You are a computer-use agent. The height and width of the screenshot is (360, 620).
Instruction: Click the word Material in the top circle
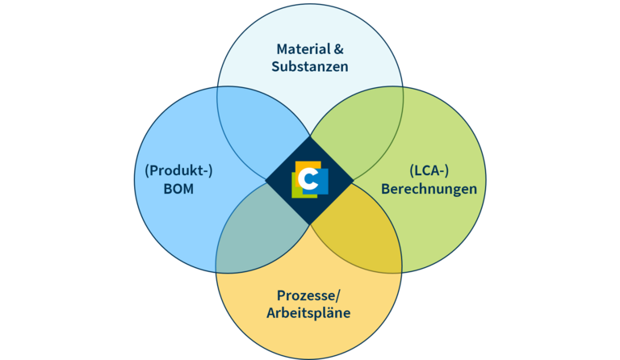[x=304, y=49]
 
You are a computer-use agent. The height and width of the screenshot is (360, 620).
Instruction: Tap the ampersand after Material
[x=339, y=49]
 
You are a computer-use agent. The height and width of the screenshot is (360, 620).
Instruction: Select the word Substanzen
[x=310, y=66]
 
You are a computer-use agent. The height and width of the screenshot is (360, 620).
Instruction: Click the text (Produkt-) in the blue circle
[x=178, y=170]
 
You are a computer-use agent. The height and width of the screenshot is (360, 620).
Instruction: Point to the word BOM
[x=178, y=189]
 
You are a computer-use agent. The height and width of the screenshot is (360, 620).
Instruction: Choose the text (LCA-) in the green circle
[x=429, y=170]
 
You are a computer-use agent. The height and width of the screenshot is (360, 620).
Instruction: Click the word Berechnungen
[x=429, y=189]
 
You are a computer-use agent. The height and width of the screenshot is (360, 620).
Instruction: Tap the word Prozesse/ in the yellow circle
[x=308, y=295]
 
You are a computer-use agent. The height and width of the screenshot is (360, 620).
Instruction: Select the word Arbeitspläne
[x=308, y=313]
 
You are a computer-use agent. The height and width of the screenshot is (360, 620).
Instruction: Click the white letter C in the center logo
[x=308, y=179]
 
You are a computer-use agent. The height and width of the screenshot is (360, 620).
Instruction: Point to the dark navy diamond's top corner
[x=310, y=136]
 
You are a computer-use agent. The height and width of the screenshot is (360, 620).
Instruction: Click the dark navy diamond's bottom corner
[x=310, y=225]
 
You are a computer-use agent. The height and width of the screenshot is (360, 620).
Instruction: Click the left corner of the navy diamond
[x=266, y=181]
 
